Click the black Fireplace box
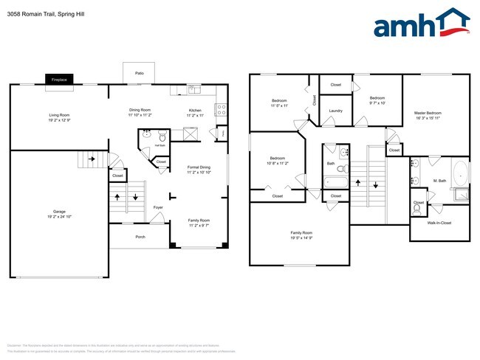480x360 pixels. point(58,79)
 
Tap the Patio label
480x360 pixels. point(139,74)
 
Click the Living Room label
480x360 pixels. point(59,114)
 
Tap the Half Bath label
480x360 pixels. point(160,145)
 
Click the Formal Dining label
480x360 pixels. point(199,167)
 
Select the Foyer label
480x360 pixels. point(158,207)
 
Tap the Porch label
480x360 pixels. point(140,237)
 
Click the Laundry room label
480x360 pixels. point(335,111)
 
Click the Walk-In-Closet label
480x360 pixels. point(439,222)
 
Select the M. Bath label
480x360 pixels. point(439,180)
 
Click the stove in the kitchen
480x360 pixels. point(220,110)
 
